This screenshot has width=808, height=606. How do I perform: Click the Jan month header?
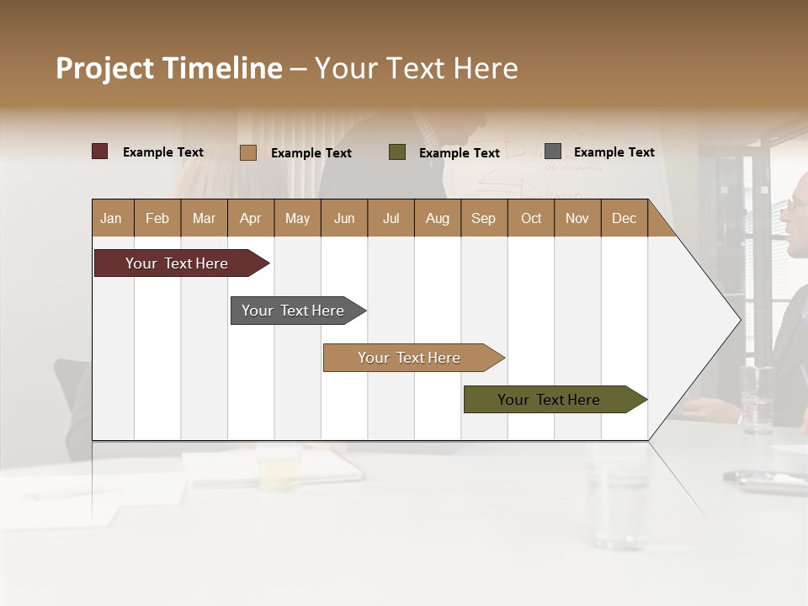coord(111,218)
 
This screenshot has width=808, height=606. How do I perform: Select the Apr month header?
coord(251,218)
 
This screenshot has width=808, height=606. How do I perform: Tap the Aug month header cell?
coord(437,218)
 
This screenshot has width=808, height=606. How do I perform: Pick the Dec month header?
coord(624,218)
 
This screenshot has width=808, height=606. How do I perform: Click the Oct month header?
coord(531,218)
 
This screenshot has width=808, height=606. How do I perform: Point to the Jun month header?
coord(344,218)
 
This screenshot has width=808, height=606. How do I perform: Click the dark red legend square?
coord(100,151)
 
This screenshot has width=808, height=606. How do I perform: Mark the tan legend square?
coord(248,152)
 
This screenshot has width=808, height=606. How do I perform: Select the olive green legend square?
coord(397,152)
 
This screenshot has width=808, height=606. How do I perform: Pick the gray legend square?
coord(553,151)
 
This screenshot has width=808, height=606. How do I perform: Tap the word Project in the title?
coord(104,68)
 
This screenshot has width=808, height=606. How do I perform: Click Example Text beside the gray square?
coord(614,151)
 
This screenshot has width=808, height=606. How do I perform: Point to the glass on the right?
coord(757,399)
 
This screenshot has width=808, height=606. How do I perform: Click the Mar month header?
coord(204,218)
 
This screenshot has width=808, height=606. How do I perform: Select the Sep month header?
coord(483,218)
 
